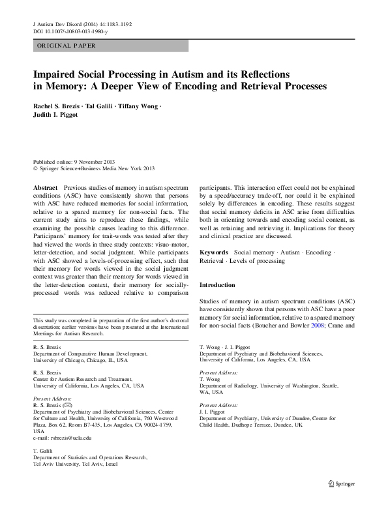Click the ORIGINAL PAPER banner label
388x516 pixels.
click(x=66, y=46)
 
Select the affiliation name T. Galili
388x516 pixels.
click(x=42, y=451)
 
